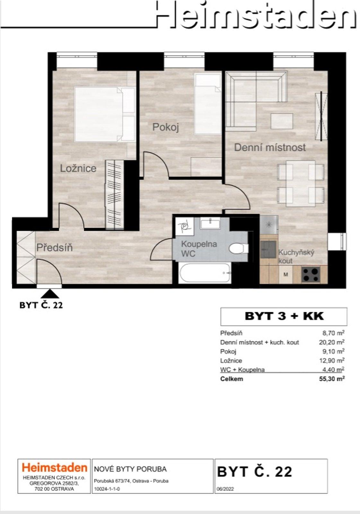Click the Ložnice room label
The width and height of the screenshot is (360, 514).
78,168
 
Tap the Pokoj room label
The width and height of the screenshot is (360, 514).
165,127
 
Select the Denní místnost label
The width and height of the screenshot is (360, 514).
270,147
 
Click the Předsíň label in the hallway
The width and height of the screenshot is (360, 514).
54,248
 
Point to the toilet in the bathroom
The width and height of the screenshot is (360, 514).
239,248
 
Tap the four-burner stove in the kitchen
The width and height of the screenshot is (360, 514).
311,274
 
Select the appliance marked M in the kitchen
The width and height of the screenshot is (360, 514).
286,275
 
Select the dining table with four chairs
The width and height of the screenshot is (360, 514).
301,183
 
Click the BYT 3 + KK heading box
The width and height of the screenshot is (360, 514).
284,316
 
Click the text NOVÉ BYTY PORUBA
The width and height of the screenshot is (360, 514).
130,469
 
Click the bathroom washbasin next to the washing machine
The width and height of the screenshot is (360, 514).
210,223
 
